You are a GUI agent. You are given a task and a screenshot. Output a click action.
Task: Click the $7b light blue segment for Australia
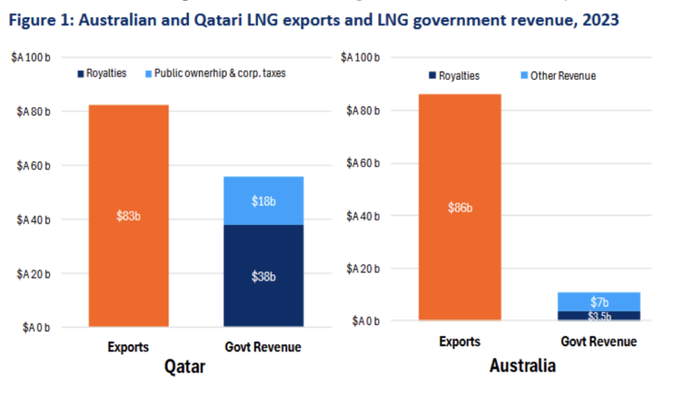pos(599,301)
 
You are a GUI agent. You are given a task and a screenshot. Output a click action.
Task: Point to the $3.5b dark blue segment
pos(599,316)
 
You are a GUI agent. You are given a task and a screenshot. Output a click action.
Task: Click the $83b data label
pos(129,217)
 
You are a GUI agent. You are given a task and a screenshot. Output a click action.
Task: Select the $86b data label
pos(460,208)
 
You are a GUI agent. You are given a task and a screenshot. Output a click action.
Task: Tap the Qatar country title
pos(184,367)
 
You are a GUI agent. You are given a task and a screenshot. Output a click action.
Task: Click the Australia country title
pos(523,366)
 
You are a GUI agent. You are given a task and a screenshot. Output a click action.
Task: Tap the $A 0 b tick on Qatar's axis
pos(36,328)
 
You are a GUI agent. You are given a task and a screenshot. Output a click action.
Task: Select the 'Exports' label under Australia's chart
pos(460,342)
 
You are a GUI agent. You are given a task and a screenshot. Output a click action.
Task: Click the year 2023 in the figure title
pos(598,20)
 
